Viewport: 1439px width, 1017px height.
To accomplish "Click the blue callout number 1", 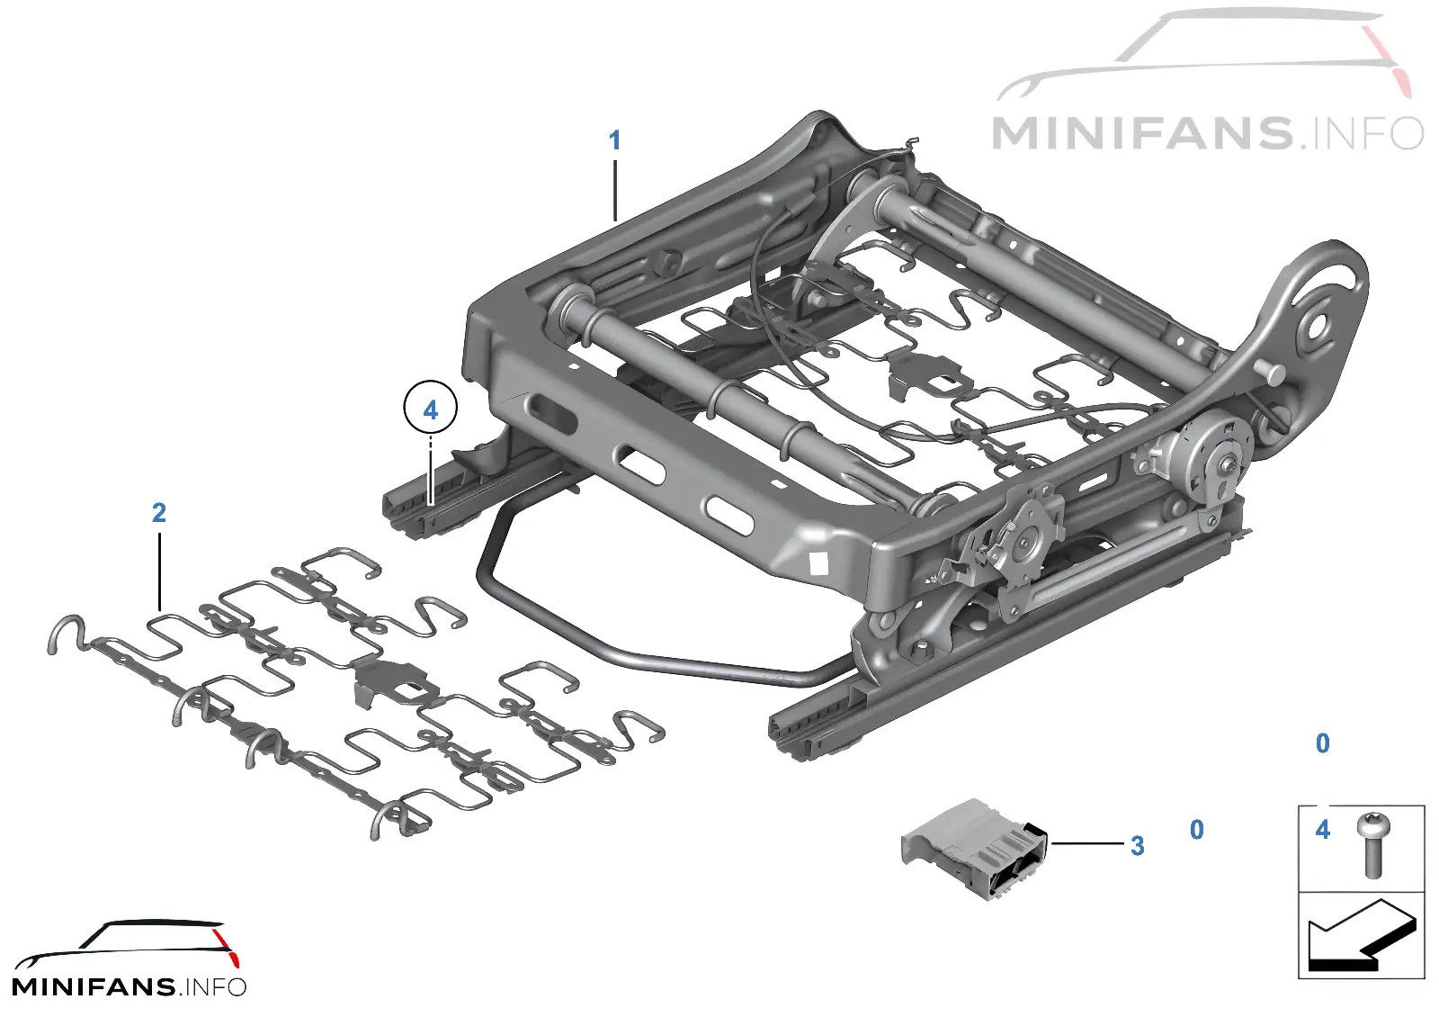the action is [615, 140].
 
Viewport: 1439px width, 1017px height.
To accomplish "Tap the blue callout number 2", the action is [158, 512].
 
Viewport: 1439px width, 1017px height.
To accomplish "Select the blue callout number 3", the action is [1137, 846].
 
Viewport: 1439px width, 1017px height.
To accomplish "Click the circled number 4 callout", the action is [431, 409].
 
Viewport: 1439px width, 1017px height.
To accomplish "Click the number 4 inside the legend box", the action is [1323, 829].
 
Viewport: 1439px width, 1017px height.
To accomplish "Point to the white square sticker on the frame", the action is [819, 562].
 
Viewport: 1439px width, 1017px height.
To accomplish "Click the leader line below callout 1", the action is [615, 190].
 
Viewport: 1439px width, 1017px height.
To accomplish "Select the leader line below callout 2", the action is [158, 571].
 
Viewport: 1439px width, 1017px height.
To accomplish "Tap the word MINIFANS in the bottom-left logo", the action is [94, 986].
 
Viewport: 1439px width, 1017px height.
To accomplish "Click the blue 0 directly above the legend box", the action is [1323, 743].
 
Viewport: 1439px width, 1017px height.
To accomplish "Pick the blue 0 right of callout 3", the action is [1197, 829].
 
